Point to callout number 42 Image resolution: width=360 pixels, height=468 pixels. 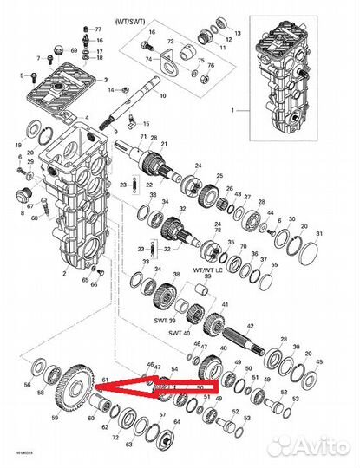point(251,325)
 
